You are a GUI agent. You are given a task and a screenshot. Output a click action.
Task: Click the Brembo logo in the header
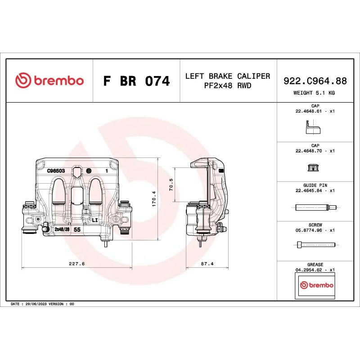[49, 81]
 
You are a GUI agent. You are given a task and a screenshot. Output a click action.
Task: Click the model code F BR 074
[136, 81]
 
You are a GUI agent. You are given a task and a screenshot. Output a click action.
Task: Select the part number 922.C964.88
[315, 81]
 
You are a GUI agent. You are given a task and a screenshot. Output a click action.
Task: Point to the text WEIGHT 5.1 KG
[314, 93]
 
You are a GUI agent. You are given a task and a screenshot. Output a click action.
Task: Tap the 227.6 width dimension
[77, 264]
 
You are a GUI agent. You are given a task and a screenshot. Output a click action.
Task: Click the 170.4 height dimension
[154, 199]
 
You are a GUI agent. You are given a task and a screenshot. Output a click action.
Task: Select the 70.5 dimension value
[171, 184]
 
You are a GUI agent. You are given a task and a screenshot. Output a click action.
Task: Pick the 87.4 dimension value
[207, 264]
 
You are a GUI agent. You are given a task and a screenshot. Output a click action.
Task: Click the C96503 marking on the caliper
[56, 171]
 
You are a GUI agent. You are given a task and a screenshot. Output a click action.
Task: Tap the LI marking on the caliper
[95, 220]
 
